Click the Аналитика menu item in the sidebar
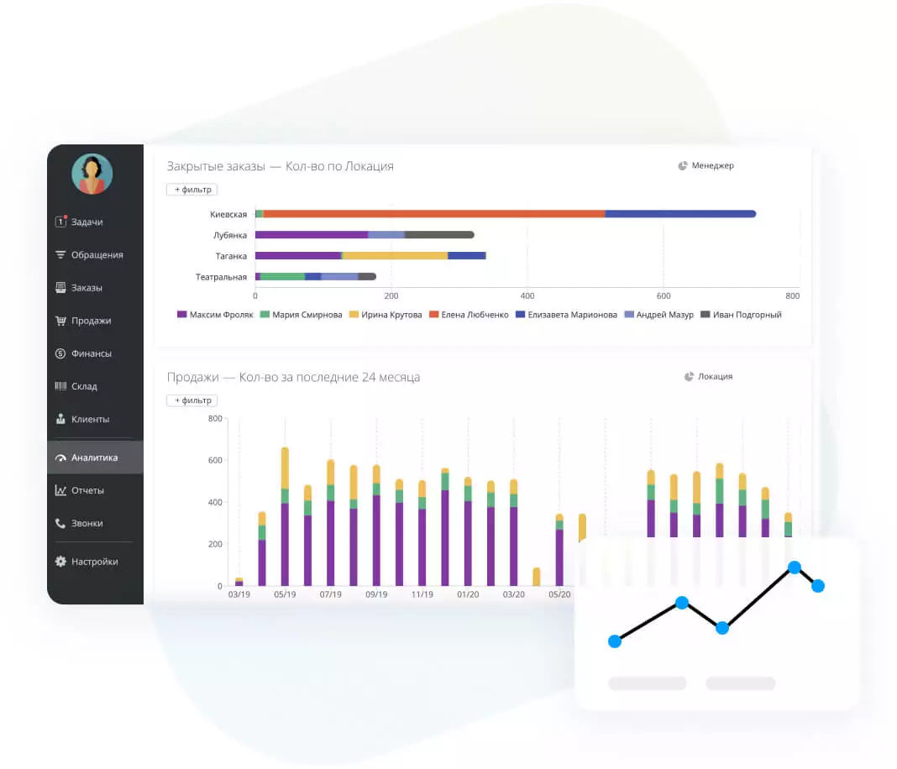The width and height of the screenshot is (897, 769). click(94, 458)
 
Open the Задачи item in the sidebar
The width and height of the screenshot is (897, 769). click(87, 222)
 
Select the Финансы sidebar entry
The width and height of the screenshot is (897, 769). click(91, 353)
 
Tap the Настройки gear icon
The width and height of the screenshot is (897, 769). click(60, 562)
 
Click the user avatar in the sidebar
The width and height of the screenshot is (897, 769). click(92, 174)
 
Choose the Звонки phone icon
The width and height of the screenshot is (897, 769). click(60, 523)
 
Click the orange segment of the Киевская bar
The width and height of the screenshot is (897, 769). click(433, 214)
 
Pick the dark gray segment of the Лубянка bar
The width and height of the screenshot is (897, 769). click(438, 235)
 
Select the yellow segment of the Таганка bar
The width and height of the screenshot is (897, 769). click(395, 255)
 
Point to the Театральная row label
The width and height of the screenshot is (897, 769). click(221, 277)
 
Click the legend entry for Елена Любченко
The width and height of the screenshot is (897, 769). click(469, 315)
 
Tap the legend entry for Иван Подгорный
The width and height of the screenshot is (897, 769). click(741, 315)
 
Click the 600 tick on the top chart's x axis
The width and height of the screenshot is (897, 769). click(663, 296)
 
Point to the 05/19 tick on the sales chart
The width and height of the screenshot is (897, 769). click(285, 594)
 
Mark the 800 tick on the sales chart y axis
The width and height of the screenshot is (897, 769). click(215, 419)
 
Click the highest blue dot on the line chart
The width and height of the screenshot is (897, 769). click(794, 568)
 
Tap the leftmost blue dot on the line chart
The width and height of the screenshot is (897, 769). click(615, 641)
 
